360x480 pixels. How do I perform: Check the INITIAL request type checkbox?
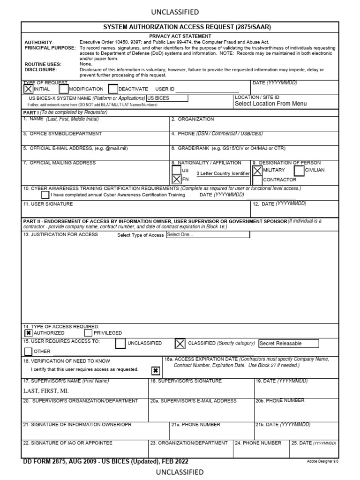click(x=29, y=89)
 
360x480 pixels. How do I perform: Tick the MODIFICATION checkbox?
click(x=64, y=89)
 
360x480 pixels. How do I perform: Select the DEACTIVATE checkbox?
click(x=112, y=89)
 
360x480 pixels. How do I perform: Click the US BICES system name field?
click(x=167, y=98)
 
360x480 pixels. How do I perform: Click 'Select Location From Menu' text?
click(x=271, y=104)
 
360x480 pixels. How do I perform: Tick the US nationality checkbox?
click(x=176, y=171)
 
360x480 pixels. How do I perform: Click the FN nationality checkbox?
click(x=176, y=179)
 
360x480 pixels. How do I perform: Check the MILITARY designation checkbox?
click(x=257, y=171)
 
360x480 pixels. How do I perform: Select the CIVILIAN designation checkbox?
click(x=299, y=171)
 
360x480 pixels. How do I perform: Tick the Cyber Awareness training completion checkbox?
click(x=45, y=195)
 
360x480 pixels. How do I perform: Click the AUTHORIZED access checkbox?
click(x=29, y=333)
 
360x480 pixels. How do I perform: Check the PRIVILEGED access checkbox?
click(x=88, y=333)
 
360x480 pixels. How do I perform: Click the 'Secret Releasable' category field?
click(x=288, y=344)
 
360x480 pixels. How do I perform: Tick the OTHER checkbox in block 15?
click(x=29, y=351)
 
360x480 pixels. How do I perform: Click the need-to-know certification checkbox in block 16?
click(x=156, y=371)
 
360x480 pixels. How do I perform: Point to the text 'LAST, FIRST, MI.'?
click(x=46, y=390)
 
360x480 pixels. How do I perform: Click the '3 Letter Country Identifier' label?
click(x=223, y=174)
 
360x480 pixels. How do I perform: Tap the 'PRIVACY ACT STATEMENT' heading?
click(x=180, y=36)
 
